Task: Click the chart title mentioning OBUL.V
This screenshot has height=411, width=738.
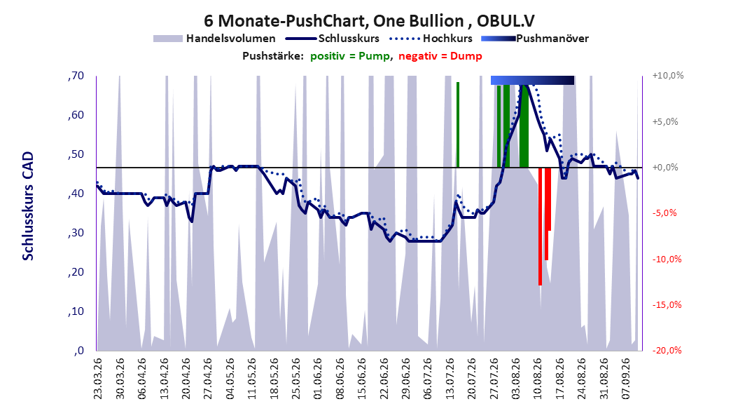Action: pyautogui.click(x=369, y=21)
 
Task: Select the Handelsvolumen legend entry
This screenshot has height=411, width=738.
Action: pyautogui.click(x=215, y=39)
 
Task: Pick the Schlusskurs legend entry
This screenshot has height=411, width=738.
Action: pyautogui.click(x=333, y=39)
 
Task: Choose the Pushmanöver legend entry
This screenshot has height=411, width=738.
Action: pyautogui.click(x=535, y=39)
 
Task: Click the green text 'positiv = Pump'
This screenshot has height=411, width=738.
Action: pyautogui.click(x=349, y=56)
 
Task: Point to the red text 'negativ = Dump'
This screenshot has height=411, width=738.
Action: pyautogui.click(x=440, y=56)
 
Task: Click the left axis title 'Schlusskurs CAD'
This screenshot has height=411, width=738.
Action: pyautogui.click(x=28, y=205)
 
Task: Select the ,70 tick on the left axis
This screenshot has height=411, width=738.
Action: pyautogui.click(x=76, y=76)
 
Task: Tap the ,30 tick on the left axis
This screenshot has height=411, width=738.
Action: pyautogui.click(x=76, y=233)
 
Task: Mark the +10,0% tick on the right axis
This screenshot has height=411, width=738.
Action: pyautogui.click(x=668, y=76)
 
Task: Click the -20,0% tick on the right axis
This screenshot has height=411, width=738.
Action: pyautogui.click(x=667, y=350)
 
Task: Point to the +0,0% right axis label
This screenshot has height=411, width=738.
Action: pyautogui.click(x=665, y=168)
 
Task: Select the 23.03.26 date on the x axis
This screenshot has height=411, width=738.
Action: pyautogui.click(x=98, y=379)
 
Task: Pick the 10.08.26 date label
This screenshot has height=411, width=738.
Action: pyautogui.click(x=538, y=379)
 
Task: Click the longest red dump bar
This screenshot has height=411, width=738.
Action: pyautogui.click(x=541, y=227)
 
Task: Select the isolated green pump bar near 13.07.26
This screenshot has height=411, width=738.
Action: pyautogui.click(x=457, y=124)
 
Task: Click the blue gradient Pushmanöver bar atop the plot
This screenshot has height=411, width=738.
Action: pyautogui.click(x=532, y=81)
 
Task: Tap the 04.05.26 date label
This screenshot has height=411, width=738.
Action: pyautogui.click(x=230, y=379)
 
